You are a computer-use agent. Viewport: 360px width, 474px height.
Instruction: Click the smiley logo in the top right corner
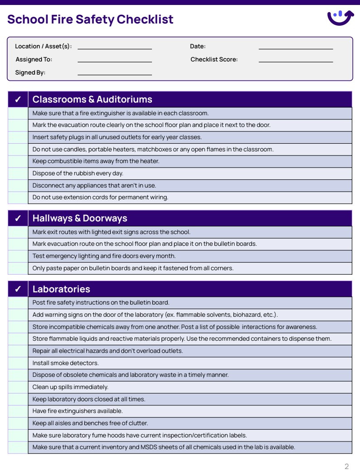click(x=340, y=18)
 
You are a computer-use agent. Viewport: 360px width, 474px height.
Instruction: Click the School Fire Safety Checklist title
click(x=90, y=19)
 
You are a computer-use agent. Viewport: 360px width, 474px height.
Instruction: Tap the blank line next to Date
click(x=295, y=47)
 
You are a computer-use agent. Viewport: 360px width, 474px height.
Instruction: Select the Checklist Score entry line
click(x=295, y=60)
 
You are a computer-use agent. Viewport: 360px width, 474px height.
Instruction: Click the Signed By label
click(x=30, y=73)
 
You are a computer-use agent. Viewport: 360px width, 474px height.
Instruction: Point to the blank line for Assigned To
click(x=114, y=60)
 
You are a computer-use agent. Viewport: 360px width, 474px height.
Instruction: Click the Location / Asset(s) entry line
click(x=114, y=47)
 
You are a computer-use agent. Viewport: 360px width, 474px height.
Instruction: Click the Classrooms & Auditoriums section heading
click(x=92, y=99)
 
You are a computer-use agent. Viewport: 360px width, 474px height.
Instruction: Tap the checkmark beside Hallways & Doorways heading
click(x=18, y=218)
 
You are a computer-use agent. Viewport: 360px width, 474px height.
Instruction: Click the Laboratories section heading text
click(x=61, y=289)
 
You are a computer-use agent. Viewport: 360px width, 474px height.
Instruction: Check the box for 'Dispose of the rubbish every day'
click(x=18, y=174)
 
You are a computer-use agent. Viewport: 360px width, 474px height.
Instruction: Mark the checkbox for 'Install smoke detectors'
click(x=18, y=363)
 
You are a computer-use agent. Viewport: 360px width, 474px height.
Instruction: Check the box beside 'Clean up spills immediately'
click(x=18, y=387)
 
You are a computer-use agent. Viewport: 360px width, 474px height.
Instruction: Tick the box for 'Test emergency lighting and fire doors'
click(x=18, y=256)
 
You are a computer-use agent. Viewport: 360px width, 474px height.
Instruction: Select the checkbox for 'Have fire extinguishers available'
click(x=18, y=411)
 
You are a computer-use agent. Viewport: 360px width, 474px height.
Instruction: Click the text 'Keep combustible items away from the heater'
click(x=96, y=161)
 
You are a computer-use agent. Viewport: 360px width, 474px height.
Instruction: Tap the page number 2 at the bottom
click(x=346, y=467)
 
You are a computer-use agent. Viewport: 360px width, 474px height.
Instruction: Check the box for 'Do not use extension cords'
click(x=18, y=197)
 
